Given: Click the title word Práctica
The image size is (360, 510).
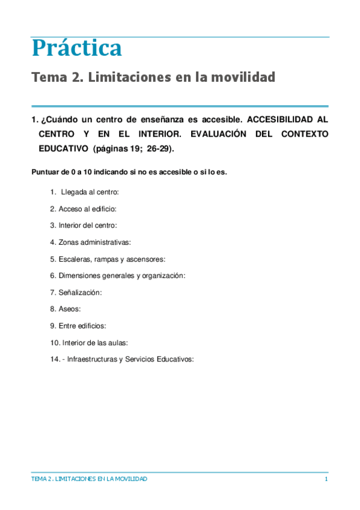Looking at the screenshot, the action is coord(76,48).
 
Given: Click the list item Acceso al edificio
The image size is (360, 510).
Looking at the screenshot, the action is coord(87,209).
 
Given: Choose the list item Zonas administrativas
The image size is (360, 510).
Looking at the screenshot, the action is coord(94,242).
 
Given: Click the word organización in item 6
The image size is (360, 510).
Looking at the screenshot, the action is coord(163,275).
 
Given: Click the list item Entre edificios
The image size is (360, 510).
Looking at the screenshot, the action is coord(82,326).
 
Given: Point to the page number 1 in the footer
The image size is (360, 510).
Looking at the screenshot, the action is coord(326,479).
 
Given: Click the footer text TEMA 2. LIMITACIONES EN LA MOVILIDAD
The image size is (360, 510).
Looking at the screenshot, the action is coord(89,479).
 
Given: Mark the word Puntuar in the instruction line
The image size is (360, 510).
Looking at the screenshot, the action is coord(44,172).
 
